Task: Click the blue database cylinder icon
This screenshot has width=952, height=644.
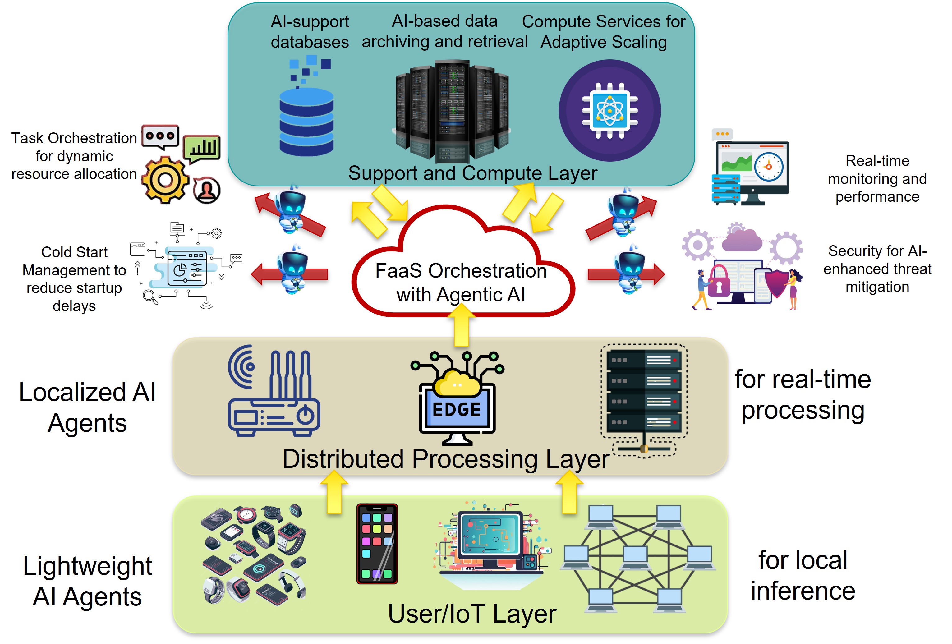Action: pos(306,123)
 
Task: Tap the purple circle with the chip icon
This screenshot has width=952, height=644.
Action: pos(609,111)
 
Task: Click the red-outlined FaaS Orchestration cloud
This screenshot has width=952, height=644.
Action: pos(461,278)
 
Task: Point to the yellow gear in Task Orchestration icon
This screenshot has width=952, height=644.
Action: pos(165,179)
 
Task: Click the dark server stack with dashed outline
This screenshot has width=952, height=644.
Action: pos(644,391)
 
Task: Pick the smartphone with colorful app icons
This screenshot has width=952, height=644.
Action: pos(377,543)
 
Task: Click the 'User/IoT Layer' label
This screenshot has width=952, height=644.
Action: pos(472,613)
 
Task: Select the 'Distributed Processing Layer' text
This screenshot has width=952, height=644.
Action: pos(445,458)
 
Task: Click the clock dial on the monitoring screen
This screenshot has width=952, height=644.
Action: pos(769,167)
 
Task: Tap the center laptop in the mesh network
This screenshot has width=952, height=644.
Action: pos(635,558)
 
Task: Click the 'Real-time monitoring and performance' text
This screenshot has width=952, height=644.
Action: pos(877,179)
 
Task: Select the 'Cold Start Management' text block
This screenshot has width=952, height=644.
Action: pos(74,278)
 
